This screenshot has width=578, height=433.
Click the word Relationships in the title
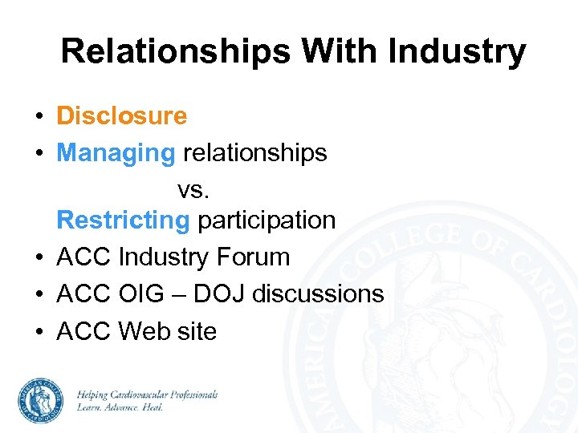176,52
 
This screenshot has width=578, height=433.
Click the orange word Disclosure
121,116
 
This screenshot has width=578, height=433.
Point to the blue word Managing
116,152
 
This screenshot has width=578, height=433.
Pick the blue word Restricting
124,220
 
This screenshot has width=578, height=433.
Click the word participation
267,220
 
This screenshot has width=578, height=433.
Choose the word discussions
318,294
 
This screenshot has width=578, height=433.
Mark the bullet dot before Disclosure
39,117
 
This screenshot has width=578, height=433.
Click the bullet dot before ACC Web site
39,331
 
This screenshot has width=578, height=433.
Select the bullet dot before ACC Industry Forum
39,258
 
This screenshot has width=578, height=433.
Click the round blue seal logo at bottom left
42,400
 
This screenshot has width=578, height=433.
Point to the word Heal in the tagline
150,407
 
